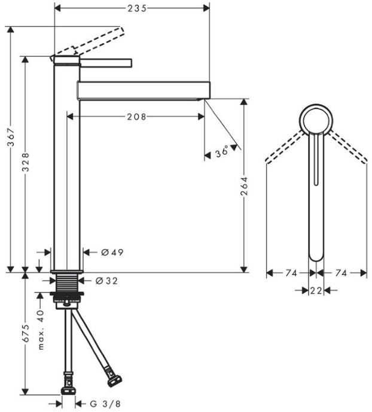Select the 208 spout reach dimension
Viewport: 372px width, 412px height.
(136, 117)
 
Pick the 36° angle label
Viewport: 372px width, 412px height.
(222, 152)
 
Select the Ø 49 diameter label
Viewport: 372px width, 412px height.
(108, 252)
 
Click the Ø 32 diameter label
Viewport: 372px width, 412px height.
(107, 280)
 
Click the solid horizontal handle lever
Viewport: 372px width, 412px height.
(105, 61)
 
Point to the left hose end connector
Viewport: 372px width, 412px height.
(69, 383)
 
